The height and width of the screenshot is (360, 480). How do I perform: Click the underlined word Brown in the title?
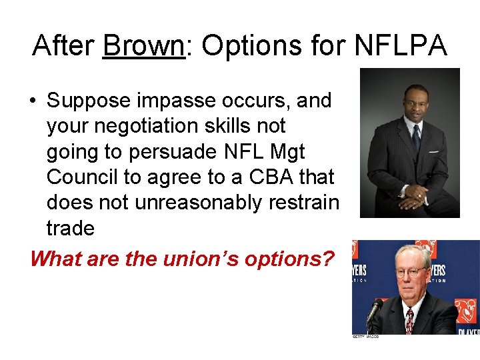(x=143, y=45)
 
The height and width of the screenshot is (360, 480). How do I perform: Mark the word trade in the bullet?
(x=71, y=229)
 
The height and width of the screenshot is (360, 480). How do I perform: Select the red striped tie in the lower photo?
(x=409, y=319)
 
